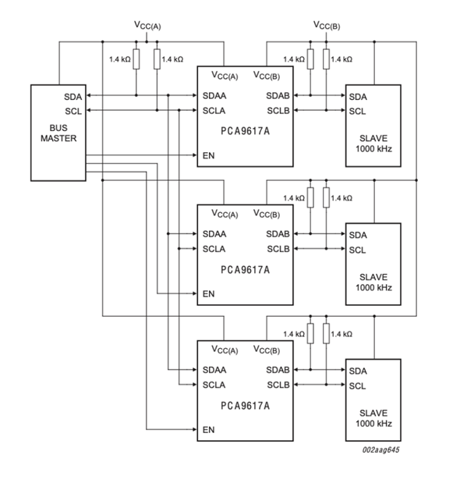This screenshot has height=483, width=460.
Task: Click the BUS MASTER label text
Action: tap(58, 133)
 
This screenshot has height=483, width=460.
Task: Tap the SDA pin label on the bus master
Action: tap(73, 97)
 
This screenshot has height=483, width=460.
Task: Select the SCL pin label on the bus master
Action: tap(73, 112)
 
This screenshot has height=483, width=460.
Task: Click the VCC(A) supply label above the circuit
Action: tap(147, 25)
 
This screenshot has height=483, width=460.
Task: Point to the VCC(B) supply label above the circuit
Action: tap(327, 25)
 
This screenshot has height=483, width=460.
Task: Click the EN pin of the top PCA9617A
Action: tap(209, 155)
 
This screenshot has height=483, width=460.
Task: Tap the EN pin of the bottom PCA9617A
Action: tap(209, 430)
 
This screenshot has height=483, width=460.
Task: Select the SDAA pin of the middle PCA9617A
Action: tap(214, 234)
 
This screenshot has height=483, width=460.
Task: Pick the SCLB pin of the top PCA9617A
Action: tap(278, 111)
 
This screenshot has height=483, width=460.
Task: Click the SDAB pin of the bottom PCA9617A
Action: tap(278, 370)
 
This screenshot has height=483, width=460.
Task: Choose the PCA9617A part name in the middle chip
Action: tap(246, 270)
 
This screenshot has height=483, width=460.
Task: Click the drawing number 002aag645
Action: tap(380, 449)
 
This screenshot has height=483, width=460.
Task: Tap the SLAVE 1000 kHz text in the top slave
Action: tap(373, 144)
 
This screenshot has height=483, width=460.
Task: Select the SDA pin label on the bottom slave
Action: tap(358, 371)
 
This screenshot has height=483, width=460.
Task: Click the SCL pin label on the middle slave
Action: tap(358, 250)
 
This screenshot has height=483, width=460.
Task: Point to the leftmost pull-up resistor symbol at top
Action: tap(136, 59)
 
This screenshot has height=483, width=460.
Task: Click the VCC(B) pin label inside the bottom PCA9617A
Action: tap(267, 350)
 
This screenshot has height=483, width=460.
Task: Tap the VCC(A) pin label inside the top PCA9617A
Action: tap(225, 76)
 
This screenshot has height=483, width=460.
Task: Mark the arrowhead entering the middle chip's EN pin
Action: tap(194, 293)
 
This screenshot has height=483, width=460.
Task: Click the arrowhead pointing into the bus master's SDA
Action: tap(89, 95)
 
